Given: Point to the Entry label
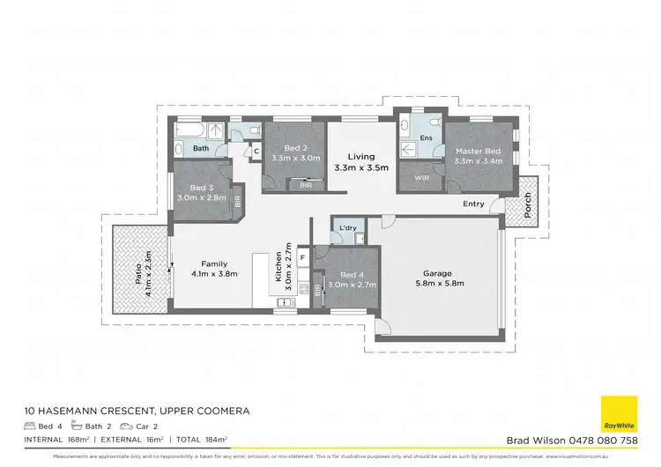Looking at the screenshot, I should coord(473,204).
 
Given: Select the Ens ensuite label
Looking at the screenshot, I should coord(426,138).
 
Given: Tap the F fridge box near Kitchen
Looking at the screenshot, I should coord(302,257).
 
